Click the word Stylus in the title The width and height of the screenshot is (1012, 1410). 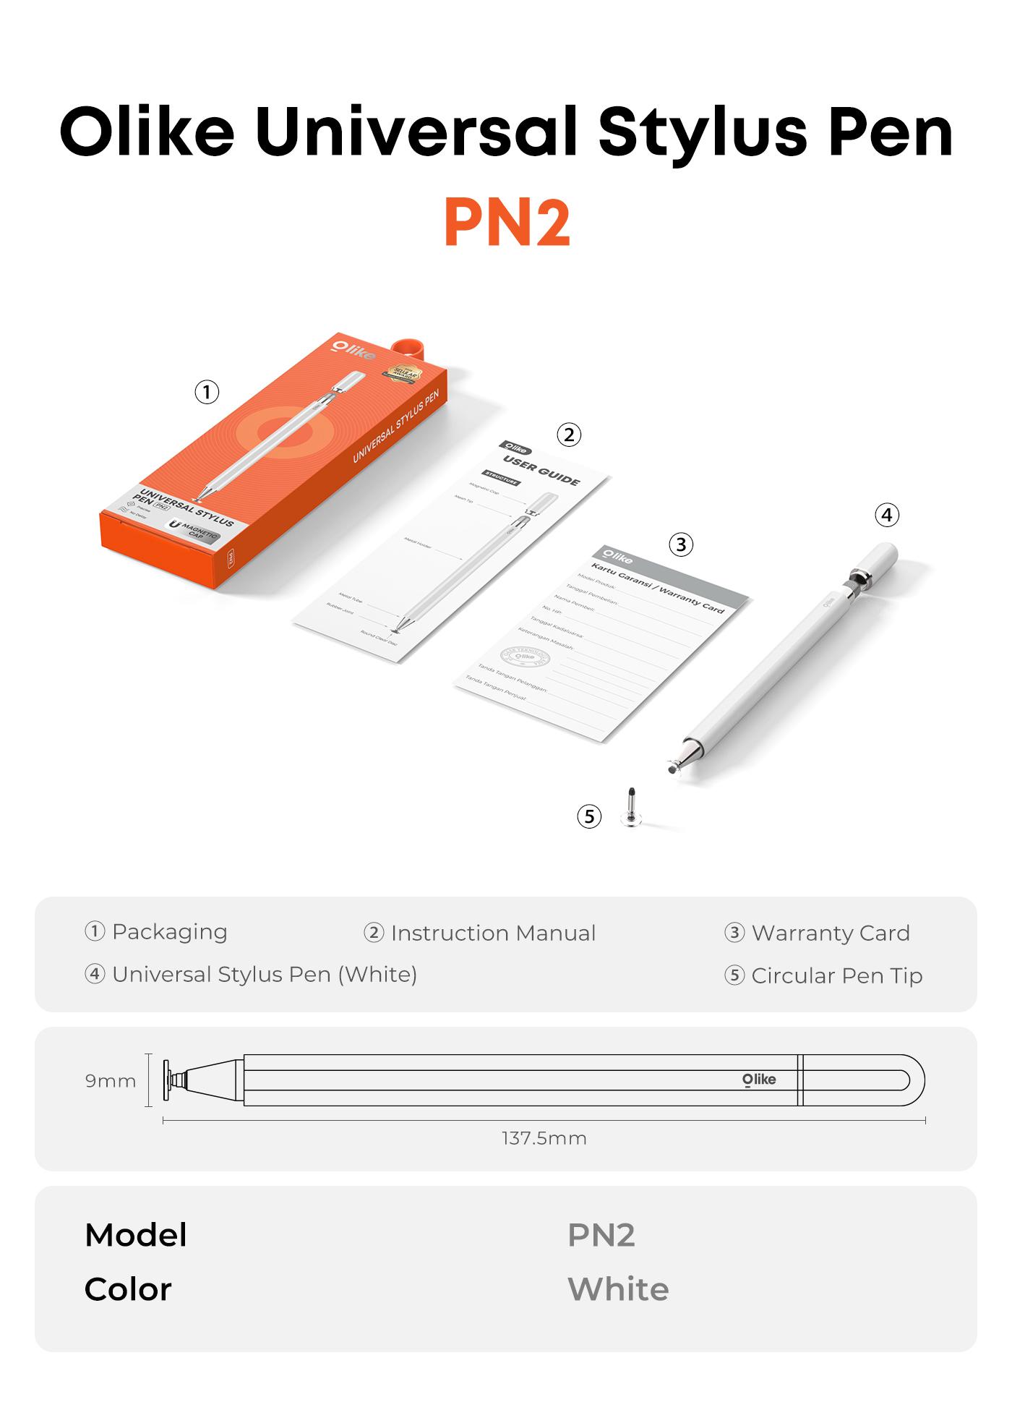[x=701, y=134]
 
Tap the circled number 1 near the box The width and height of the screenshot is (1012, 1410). [x=207, y=393]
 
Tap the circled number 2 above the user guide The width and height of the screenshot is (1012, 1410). [x=569, y=435]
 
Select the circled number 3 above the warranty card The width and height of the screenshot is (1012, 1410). [x=680, y=544]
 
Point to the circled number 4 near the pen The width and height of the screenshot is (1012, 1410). [x=887, y=516]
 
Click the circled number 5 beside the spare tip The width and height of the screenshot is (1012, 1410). [x=589, y=816]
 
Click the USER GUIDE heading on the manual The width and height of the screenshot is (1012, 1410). [x=542, y=471]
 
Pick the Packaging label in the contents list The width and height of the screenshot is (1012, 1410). [x=169, y=932]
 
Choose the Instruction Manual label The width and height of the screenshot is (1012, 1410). [x=493, y=933]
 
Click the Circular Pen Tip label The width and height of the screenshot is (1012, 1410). [x=836, y=976]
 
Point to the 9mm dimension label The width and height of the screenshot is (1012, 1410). [x=111, y=1081]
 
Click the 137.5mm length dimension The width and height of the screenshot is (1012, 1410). [x=544, y=1138]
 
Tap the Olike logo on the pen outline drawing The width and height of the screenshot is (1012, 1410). [x=759, y=1080]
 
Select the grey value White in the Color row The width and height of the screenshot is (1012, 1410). [x=618, y=1289]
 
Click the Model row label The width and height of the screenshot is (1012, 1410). [x=136, y=1235]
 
